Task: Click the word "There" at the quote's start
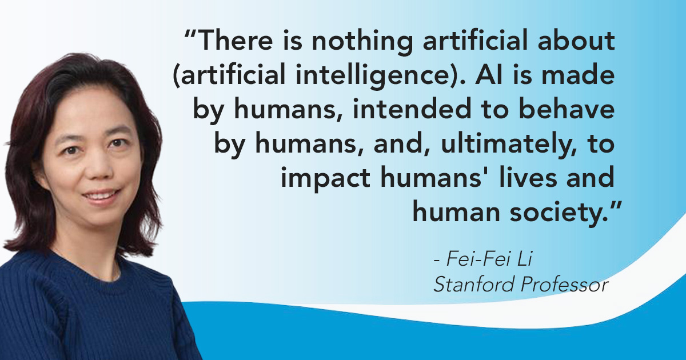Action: [236, 41]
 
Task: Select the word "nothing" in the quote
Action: [362, 42]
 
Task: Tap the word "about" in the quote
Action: [576, 40]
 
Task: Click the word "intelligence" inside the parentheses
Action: [372, 76]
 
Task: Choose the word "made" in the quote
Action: [578, 74]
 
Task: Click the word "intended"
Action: [412, 109]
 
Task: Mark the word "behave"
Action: [567, 109]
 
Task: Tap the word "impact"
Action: [326, 178]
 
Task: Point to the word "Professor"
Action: [564, 285]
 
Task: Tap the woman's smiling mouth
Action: [100, 195]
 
